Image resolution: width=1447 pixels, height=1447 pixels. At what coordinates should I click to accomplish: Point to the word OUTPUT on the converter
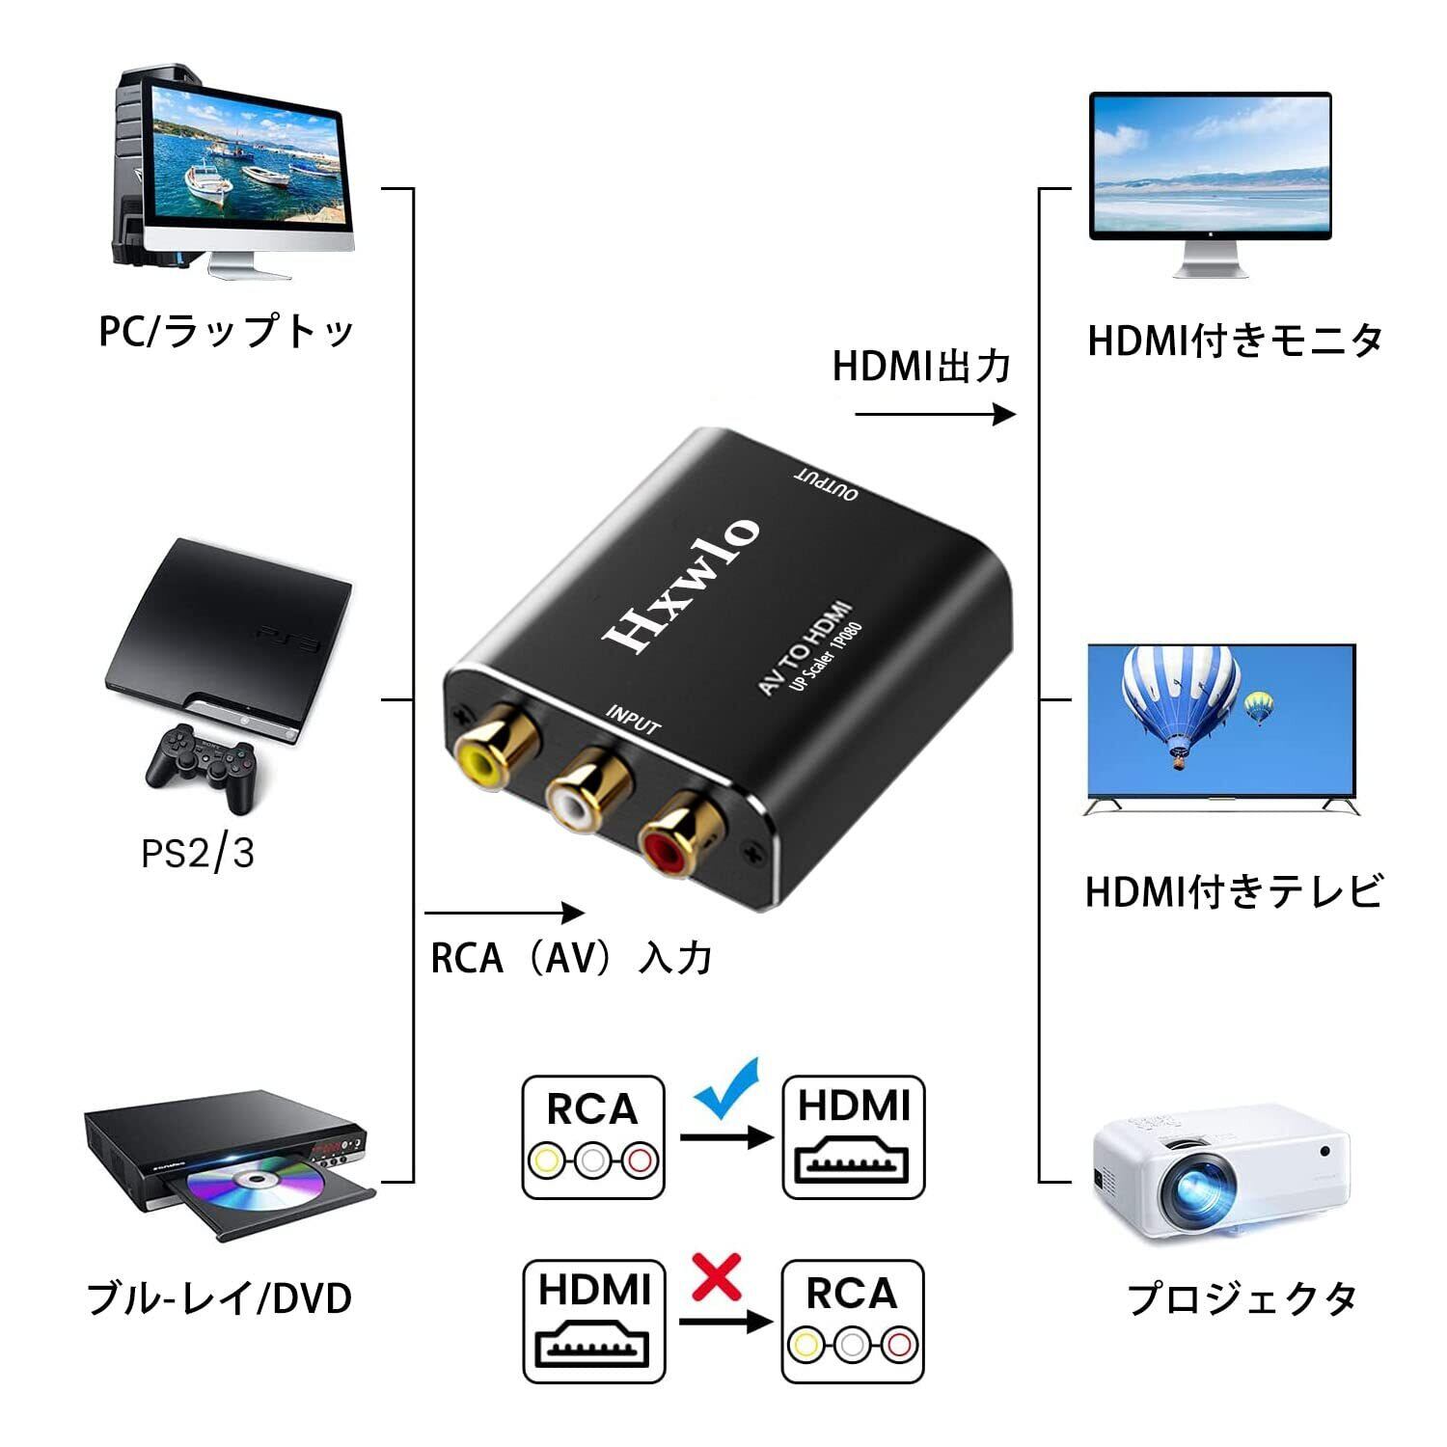click(825, 484)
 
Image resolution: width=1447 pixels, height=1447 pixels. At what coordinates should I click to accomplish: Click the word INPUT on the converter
click(633, 720)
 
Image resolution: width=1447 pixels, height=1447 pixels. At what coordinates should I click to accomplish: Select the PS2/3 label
click(198, 854)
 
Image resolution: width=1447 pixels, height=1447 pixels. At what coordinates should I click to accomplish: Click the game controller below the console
click(203, 764)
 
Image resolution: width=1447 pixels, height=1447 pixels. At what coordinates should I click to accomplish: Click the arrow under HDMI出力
click(935, 415)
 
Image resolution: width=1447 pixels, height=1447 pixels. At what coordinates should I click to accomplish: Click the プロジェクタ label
click(1242, 1298)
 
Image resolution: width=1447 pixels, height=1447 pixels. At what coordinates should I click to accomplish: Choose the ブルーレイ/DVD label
click(220, 1298)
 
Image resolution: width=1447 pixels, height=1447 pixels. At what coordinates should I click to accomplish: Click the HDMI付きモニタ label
click(1235, 341)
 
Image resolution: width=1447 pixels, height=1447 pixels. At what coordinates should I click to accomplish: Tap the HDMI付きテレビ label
click(1234, 891)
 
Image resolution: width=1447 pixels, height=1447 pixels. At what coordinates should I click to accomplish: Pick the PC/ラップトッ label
click(227, 332)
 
